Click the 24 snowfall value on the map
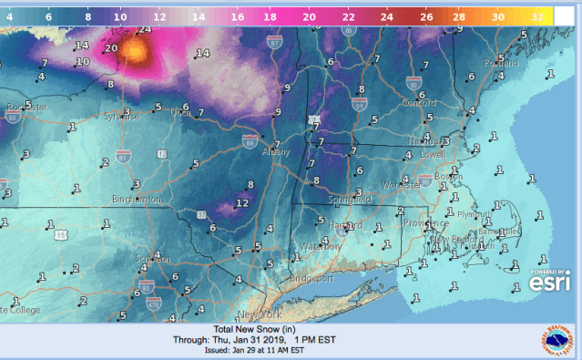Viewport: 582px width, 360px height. [142, 30]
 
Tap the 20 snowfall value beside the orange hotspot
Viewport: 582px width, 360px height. [111, 48]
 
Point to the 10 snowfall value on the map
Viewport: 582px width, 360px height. [82, 62]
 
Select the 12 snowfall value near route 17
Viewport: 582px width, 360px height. [242, 202]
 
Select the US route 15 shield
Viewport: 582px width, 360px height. [60, 235]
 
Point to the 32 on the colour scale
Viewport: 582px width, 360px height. [537, 16]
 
